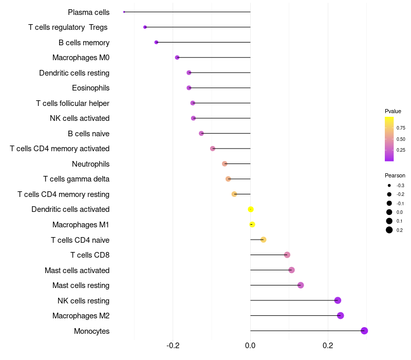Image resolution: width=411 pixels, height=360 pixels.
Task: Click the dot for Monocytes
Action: pos(364,331)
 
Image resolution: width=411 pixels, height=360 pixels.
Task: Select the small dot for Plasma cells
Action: pos(124,12)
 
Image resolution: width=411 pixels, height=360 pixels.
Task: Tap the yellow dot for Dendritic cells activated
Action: pos(251,209)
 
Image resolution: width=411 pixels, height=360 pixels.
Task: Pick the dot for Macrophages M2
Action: pos(340,315)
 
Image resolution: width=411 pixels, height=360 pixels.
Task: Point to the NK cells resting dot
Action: pos(338,300)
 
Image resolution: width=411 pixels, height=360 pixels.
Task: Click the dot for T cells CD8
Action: pos(287,255)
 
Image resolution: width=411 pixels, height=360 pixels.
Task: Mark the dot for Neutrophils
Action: pos(225,164)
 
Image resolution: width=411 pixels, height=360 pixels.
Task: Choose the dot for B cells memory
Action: pos(156,42)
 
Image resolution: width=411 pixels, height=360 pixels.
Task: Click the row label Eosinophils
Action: pos(91,88)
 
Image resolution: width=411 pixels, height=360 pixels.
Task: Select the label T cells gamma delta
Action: pos(76,179)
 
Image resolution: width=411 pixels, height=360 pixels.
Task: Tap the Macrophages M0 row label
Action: pos(81,58)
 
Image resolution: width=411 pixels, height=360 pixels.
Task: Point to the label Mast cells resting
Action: pos(81,285)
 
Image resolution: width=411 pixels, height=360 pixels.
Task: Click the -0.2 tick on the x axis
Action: pos(173,345)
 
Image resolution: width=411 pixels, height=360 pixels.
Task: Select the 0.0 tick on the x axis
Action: pos(250,345)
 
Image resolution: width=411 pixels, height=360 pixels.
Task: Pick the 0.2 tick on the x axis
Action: pos(328,345)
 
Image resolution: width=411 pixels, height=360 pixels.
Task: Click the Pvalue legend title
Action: pos(393,111)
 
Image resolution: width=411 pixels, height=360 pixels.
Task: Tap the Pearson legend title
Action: pos(395,175)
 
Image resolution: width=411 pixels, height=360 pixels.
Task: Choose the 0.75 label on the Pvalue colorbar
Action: pos(401,128)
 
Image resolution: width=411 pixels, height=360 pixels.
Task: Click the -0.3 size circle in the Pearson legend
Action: pos(389,186)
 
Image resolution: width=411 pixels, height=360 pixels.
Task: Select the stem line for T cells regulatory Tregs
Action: pos(198,27)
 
